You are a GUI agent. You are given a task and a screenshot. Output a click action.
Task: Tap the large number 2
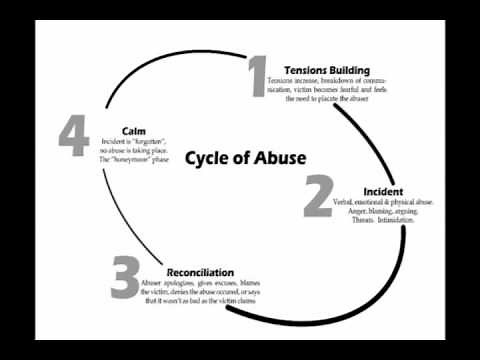point(317,197)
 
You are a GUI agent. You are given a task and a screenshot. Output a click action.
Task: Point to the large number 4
point(73,139)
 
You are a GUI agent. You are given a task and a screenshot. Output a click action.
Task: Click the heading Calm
point(134,132)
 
